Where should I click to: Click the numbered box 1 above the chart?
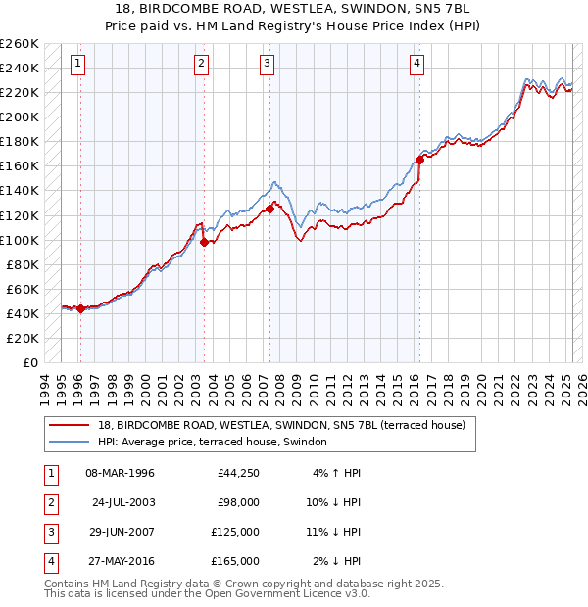click(x=77, y=65)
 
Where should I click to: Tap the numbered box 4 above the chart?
click(x=416, y=65)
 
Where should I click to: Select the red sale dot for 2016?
click(x=419, y=159)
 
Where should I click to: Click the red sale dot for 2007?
click(x=269, y=209)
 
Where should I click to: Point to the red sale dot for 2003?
click(x=204, y=242)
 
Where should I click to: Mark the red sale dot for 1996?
click(x=80, y=308)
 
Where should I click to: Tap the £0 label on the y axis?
click(x=31, y=362)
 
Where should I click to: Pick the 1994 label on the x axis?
click(x=44, y=387)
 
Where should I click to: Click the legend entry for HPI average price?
click(x=212, y=442)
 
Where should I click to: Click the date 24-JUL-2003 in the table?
click(x=123, y=502)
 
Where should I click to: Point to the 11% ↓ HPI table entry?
click(x=334, y=532)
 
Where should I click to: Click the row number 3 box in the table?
click(x=49, y=532)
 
